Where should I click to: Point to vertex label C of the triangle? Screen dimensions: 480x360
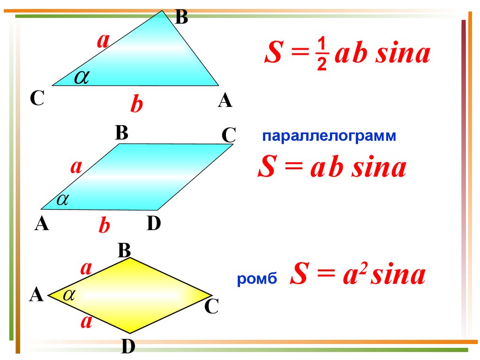click(37, 99)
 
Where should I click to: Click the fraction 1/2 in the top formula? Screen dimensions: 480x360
click(321, 55)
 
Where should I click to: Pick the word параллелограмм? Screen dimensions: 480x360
click(329, 136)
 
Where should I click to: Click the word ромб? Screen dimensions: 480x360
click(257, 280)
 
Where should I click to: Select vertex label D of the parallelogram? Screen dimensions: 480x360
click(154, 224)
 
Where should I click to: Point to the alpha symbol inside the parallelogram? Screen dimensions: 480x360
click(62, 200)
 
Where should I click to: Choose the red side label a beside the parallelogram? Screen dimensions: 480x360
click(76, 166)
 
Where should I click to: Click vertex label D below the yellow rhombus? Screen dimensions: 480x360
click(128, 347)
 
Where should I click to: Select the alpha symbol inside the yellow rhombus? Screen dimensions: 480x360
click(69, 294)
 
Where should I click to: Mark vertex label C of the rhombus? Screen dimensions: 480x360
click(211, 307)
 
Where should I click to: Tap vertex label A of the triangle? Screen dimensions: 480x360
click(225, 100)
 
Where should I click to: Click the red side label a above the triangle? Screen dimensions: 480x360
click(103, 41)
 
